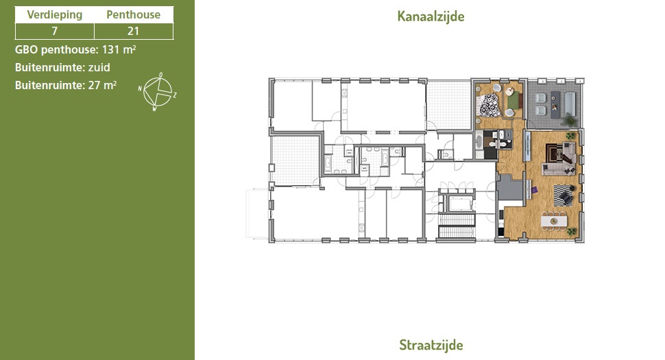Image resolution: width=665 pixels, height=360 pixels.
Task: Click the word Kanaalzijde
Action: coord(431,16)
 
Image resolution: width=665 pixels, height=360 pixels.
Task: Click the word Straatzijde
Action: coord(431,345)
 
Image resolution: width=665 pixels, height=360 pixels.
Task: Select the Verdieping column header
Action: coord(55,15)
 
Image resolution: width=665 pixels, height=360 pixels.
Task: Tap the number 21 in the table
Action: coord(133,31)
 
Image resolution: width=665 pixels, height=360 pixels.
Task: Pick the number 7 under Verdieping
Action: coord(54,31)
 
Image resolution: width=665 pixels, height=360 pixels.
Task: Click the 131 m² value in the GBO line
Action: coord(119,49)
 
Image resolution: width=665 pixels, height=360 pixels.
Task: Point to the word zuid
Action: coord(99,67)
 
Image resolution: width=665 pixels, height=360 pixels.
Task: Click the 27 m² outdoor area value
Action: coord(102,85)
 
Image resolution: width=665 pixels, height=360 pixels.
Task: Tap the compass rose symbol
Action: coord(158,92)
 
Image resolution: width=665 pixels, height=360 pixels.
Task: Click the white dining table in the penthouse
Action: coord(554,221)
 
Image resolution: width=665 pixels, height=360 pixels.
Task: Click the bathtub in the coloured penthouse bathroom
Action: coord(479,141)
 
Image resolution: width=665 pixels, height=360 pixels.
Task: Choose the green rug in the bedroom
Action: coord(513,101)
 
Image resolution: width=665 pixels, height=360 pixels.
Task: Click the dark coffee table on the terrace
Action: coord(555,105)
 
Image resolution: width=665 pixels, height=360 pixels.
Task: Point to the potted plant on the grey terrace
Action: coord(569,121)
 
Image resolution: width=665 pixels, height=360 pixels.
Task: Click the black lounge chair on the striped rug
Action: coord(566,197)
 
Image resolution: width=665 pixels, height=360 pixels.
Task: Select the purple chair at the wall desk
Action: coord(534,189)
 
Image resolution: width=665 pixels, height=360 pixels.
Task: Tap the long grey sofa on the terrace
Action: coord(570,104)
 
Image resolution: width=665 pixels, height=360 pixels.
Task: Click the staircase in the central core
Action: coord(457,226)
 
